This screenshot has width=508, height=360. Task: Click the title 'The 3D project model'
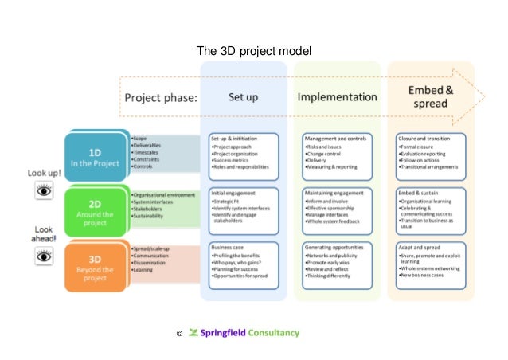254,53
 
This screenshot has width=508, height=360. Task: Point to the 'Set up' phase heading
243,98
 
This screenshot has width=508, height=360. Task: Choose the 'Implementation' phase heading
337,98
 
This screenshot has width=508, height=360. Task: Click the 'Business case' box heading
229,248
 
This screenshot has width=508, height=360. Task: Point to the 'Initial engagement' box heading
234,193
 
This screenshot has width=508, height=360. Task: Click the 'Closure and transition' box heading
427,138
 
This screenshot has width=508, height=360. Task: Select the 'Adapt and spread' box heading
420,248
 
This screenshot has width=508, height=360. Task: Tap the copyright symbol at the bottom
179,334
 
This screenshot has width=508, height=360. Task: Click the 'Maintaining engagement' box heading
336,193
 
